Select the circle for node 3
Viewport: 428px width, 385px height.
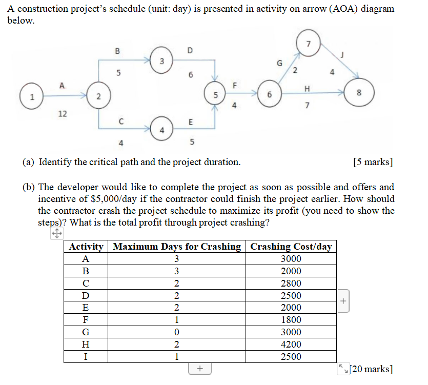point(161,62)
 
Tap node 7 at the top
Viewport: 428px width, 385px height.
point(308,43)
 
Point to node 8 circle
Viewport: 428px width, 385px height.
point(359,93)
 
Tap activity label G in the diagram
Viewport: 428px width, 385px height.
point(279,63)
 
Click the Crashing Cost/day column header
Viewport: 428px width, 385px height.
point(291,247)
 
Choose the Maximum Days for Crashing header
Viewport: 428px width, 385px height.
point(177,247)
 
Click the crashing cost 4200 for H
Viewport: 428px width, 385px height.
point(291,345)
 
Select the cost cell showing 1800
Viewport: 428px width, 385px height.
point(291,320)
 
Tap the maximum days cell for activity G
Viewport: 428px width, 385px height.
point(177,332)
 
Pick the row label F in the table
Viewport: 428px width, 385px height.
point(86,320)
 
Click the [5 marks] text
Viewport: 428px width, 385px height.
point(373,163)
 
